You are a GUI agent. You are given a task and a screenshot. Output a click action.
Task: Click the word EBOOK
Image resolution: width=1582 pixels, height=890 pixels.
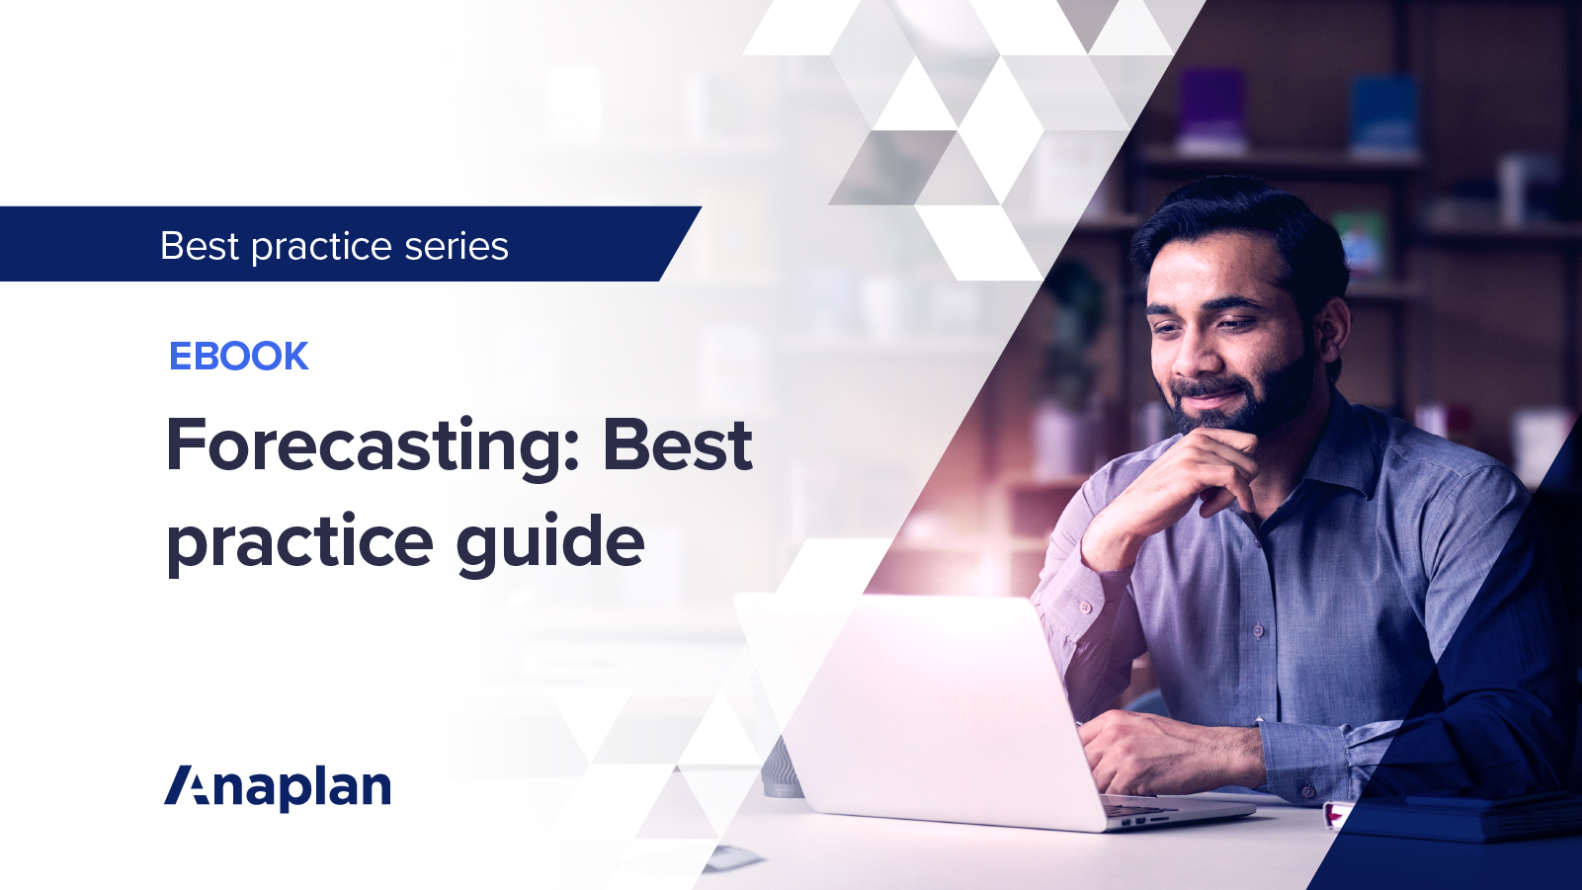pyautogui.click(x=238, y=357)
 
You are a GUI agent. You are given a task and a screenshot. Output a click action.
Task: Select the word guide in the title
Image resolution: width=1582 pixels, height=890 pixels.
pyautogui.click(x=549, y=542)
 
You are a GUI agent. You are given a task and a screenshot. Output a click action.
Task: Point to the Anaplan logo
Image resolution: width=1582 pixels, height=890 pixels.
pyautogui.click(x=278, y=787)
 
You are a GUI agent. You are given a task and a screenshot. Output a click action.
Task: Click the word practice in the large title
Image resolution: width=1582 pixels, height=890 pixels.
pyautogui.click(x=299, y=543)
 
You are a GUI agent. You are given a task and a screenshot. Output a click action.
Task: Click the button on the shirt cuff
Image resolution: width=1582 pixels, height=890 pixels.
pyautogui.click(x=1307, y=790)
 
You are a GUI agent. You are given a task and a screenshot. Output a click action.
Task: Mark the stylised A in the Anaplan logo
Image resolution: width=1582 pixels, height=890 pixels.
pyautogui.click(x=188, y=786)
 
